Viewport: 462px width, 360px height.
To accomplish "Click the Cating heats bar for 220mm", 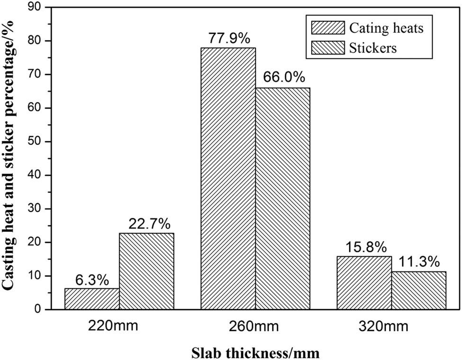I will (92, 299).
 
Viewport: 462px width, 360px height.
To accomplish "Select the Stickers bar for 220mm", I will (146, 271).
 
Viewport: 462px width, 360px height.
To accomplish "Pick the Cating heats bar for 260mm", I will (228, 178).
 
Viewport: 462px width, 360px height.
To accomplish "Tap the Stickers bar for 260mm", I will (283, 198).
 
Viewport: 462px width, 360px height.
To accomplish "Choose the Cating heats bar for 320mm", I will (364, 283).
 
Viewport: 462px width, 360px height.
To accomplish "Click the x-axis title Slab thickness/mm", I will (255, 352).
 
